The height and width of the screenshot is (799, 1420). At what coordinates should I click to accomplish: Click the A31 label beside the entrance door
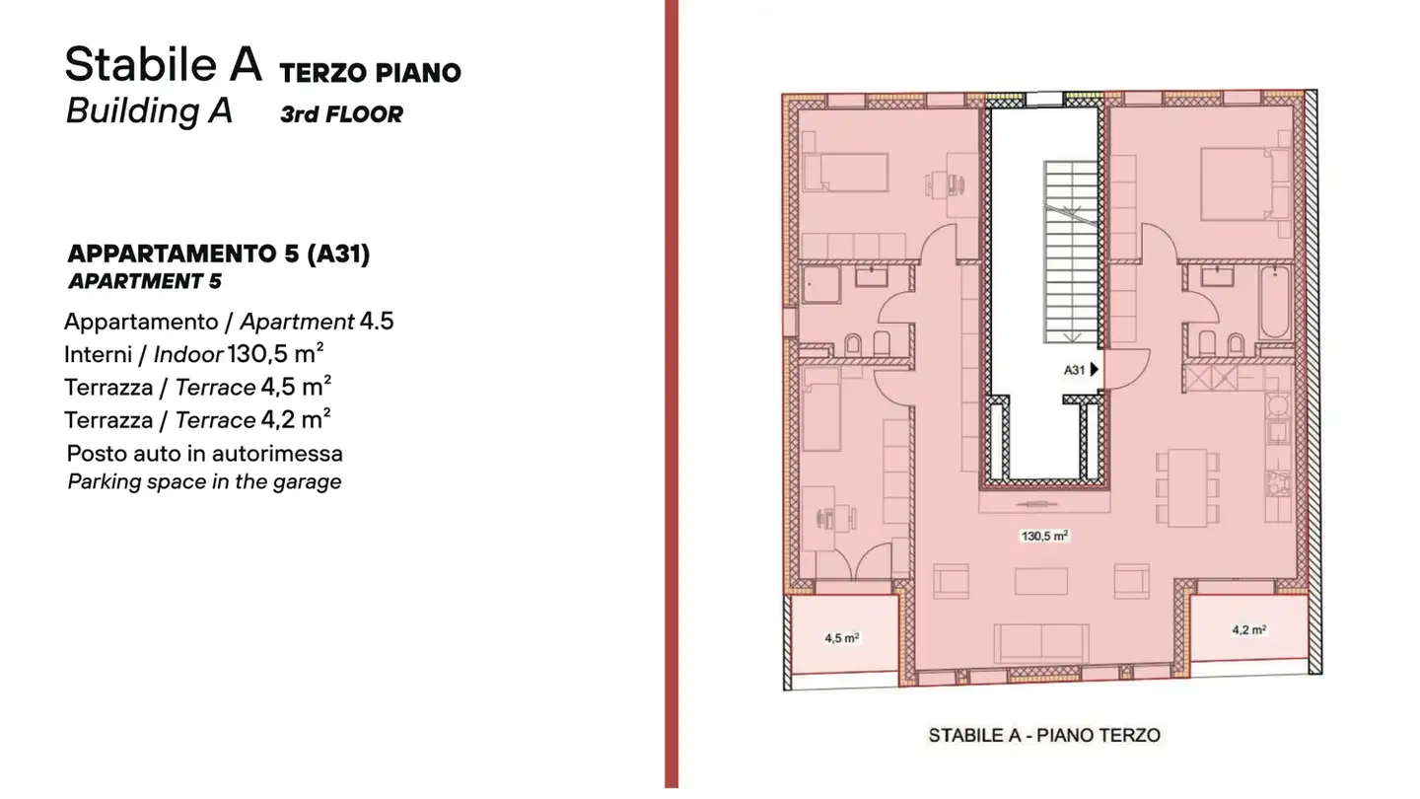(x=1074, y=371)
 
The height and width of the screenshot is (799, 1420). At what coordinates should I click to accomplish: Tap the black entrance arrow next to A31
(x=1095, y=371)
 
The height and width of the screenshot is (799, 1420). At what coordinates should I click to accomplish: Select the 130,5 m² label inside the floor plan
(x=1044, y=537)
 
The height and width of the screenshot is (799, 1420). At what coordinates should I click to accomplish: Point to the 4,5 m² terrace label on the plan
(x=841, y=638)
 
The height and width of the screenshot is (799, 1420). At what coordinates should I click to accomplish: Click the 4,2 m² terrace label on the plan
(x=1248, y=630)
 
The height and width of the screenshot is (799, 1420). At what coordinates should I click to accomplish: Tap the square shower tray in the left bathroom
(x=817, y=285)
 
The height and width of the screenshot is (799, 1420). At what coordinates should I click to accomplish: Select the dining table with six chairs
(x=1181, y=487)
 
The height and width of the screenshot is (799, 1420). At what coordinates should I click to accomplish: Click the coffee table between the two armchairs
(x=1040, y=581)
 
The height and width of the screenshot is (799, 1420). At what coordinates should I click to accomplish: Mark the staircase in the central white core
(x=1071, y=253)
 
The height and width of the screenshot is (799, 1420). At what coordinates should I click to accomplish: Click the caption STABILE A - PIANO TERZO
(x=1043, y=735)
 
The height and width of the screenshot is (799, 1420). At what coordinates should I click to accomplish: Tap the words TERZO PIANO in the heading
(x=370, y=72)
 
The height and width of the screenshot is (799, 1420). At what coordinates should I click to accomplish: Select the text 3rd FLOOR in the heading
(x=341, y=114)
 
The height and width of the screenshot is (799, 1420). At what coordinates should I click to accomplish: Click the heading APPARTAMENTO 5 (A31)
(x=218, y=254)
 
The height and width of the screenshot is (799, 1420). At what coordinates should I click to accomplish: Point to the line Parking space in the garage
(x=204, y=482)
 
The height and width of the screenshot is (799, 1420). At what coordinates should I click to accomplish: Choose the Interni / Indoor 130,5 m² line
(x=195, y=353)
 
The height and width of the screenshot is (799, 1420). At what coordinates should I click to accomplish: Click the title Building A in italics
(x=149, y=110)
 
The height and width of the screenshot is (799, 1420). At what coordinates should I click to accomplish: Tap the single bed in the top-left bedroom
(x=844, y=172)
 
